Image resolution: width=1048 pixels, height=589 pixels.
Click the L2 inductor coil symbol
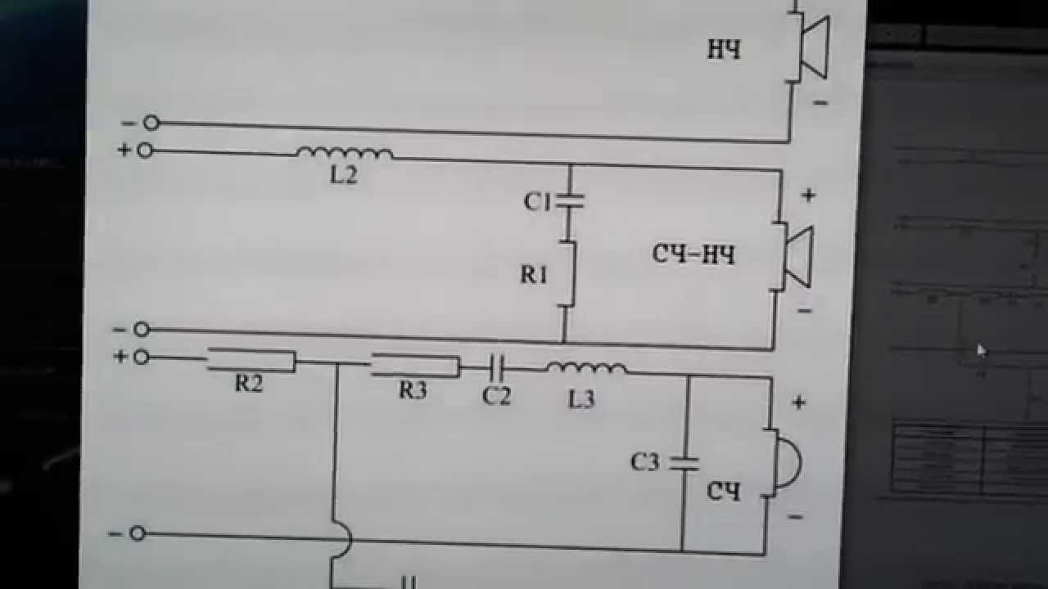[344, 153]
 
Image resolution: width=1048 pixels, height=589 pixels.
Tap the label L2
[343, 175]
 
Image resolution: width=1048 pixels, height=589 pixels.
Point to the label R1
[533, 275]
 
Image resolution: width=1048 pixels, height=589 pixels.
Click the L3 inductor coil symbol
[586, 369]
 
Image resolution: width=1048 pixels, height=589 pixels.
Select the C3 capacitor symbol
[684, 463]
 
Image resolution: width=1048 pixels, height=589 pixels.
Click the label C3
[645, 462]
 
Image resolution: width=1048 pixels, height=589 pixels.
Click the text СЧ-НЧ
[693, 254]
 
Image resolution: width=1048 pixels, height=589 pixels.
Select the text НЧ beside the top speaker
[724, 51]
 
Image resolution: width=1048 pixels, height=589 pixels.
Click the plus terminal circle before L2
[145, 151]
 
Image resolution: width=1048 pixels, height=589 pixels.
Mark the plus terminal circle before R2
[141, 357]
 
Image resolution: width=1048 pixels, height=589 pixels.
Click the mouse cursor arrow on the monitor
[982, 350]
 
